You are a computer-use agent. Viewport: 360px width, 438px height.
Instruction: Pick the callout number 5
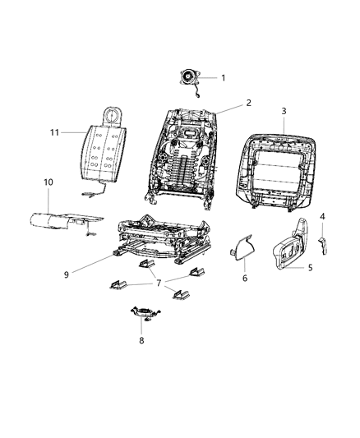coord(310,267)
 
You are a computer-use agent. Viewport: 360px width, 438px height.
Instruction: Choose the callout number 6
coord(245,279)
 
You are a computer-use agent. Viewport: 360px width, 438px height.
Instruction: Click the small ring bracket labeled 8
coord(141,313)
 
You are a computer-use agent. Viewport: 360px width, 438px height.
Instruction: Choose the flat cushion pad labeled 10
coord(62,220)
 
